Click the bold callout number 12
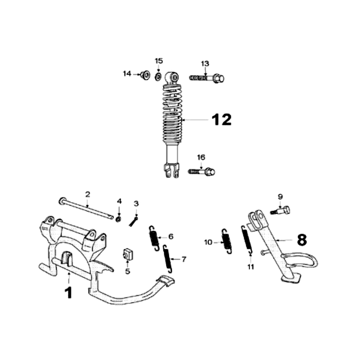coord(222,120)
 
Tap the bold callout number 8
coord(301,240)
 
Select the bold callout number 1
coord(68,293)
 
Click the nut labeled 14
coord(145,74)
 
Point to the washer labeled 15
coord(158,76)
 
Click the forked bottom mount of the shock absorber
coord(170,171)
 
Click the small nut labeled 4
coord(119,219)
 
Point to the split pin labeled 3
coord(134,220)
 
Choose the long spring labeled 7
coord(167,258)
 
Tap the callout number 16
coord(201,157)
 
